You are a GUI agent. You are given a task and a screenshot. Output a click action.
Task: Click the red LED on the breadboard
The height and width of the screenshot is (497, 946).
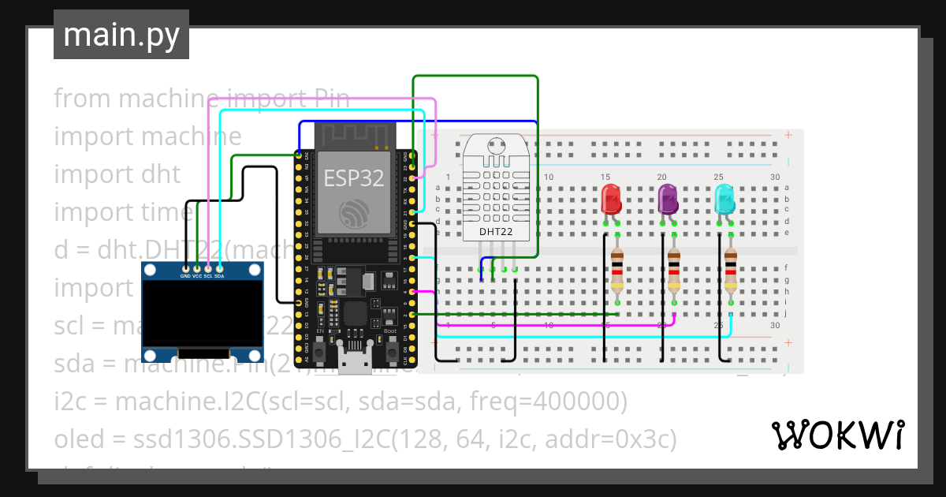[x=611, y=199]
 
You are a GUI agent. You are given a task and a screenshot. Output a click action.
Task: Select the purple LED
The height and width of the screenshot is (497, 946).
[x=669, y=199]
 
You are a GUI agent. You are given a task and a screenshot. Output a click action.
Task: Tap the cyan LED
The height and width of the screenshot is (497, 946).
[x=725, y=199]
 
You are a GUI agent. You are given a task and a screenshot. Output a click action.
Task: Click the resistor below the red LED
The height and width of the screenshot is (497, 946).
[x=616, y=268]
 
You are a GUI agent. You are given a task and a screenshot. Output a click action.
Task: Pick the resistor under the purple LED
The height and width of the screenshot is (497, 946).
[x=674, y=268]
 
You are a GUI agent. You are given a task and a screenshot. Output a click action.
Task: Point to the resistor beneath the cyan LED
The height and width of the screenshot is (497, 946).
[x=731, y=268]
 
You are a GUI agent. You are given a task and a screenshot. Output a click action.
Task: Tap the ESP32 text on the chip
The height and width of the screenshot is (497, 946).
[x=354, y=178]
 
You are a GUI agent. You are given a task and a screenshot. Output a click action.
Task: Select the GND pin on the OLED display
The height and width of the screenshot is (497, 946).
[x=185, y=269]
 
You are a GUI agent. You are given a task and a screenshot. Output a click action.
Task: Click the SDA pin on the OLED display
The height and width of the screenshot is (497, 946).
[x=219, y=269]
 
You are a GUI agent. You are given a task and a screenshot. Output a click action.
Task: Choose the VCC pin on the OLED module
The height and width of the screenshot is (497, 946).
[x=196, y=269]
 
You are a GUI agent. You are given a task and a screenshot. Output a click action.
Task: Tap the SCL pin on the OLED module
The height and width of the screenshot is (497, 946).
[x=208, y=269]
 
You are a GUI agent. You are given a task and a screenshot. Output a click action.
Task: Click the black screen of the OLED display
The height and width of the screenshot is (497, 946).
[x=203, y=316]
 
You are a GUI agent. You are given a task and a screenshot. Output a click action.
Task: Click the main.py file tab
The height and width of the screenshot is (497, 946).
[x=121, y=35]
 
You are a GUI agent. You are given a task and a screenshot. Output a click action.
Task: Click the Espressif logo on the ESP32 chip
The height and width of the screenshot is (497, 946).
[x=354, y=213]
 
